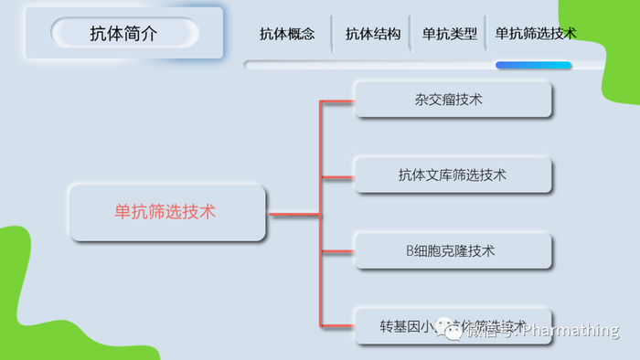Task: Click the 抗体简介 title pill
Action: pos(124,34)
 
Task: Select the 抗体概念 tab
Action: pos(287,34)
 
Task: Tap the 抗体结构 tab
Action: pos(373,34)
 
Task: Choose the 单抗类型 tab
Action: pos(450,34)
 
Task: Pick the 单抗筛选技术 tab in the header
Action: pos(536,34)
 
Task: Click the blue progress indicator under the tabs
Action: pos(533,66)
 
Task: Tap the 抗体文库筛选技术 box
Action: pos(453,174)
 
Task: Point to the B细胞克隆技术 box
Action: pos(453,250)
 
